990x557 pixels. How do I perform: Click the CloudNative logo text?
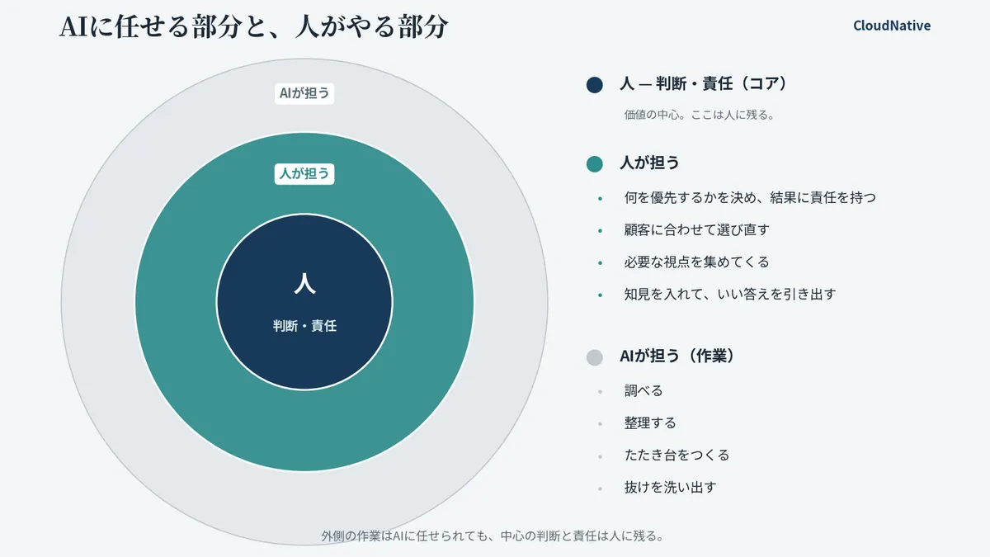coord(892,26)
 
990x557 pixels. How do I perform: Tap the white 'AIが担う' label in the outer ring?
coord(304,93)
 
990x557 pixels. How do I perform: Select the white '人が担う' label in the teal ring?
coord(304,174)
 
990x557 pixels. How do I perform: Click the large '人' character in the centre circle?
coord(304,283)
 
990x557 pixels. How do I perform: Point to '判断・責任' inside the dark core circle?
coord(304,326)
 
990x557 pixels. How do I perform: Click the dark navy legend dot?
coord(595,85)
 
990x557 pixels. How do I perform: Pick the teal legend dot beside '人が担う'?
coord(595,164)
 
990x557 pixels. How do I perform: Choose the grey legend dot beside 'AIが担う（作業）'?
coord(595,357)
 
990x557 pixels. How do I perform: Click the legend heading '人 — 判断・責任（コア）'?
coord(704,83)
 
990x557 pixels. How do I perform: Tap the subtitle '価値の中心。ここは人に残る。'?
coord(700,115)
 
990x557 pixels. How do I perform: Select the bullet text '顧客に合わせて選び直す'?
coord(696,230)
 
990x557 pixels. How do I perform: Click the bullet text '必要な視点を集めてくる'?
coord(696,262)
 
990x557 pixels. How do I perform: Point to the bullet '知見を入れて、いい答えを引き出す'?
coord(730,295)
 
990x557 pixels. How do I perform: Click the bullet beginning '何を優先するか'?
coord(750,197)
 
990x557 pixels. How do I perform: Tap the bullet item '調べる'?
coord(643,391)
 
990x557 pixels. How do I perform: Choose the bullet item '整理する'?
coord(650,423)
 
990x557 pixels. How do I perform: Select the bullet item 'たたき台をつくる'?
coord(676,456)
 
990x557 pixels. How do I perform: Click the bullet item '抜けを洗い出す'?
coord(670,488)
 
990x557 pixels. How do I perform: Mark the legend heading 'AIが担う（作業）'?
coord(677,356)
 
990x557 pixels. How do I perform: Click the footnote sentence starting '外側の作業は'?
coord(493,536)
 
